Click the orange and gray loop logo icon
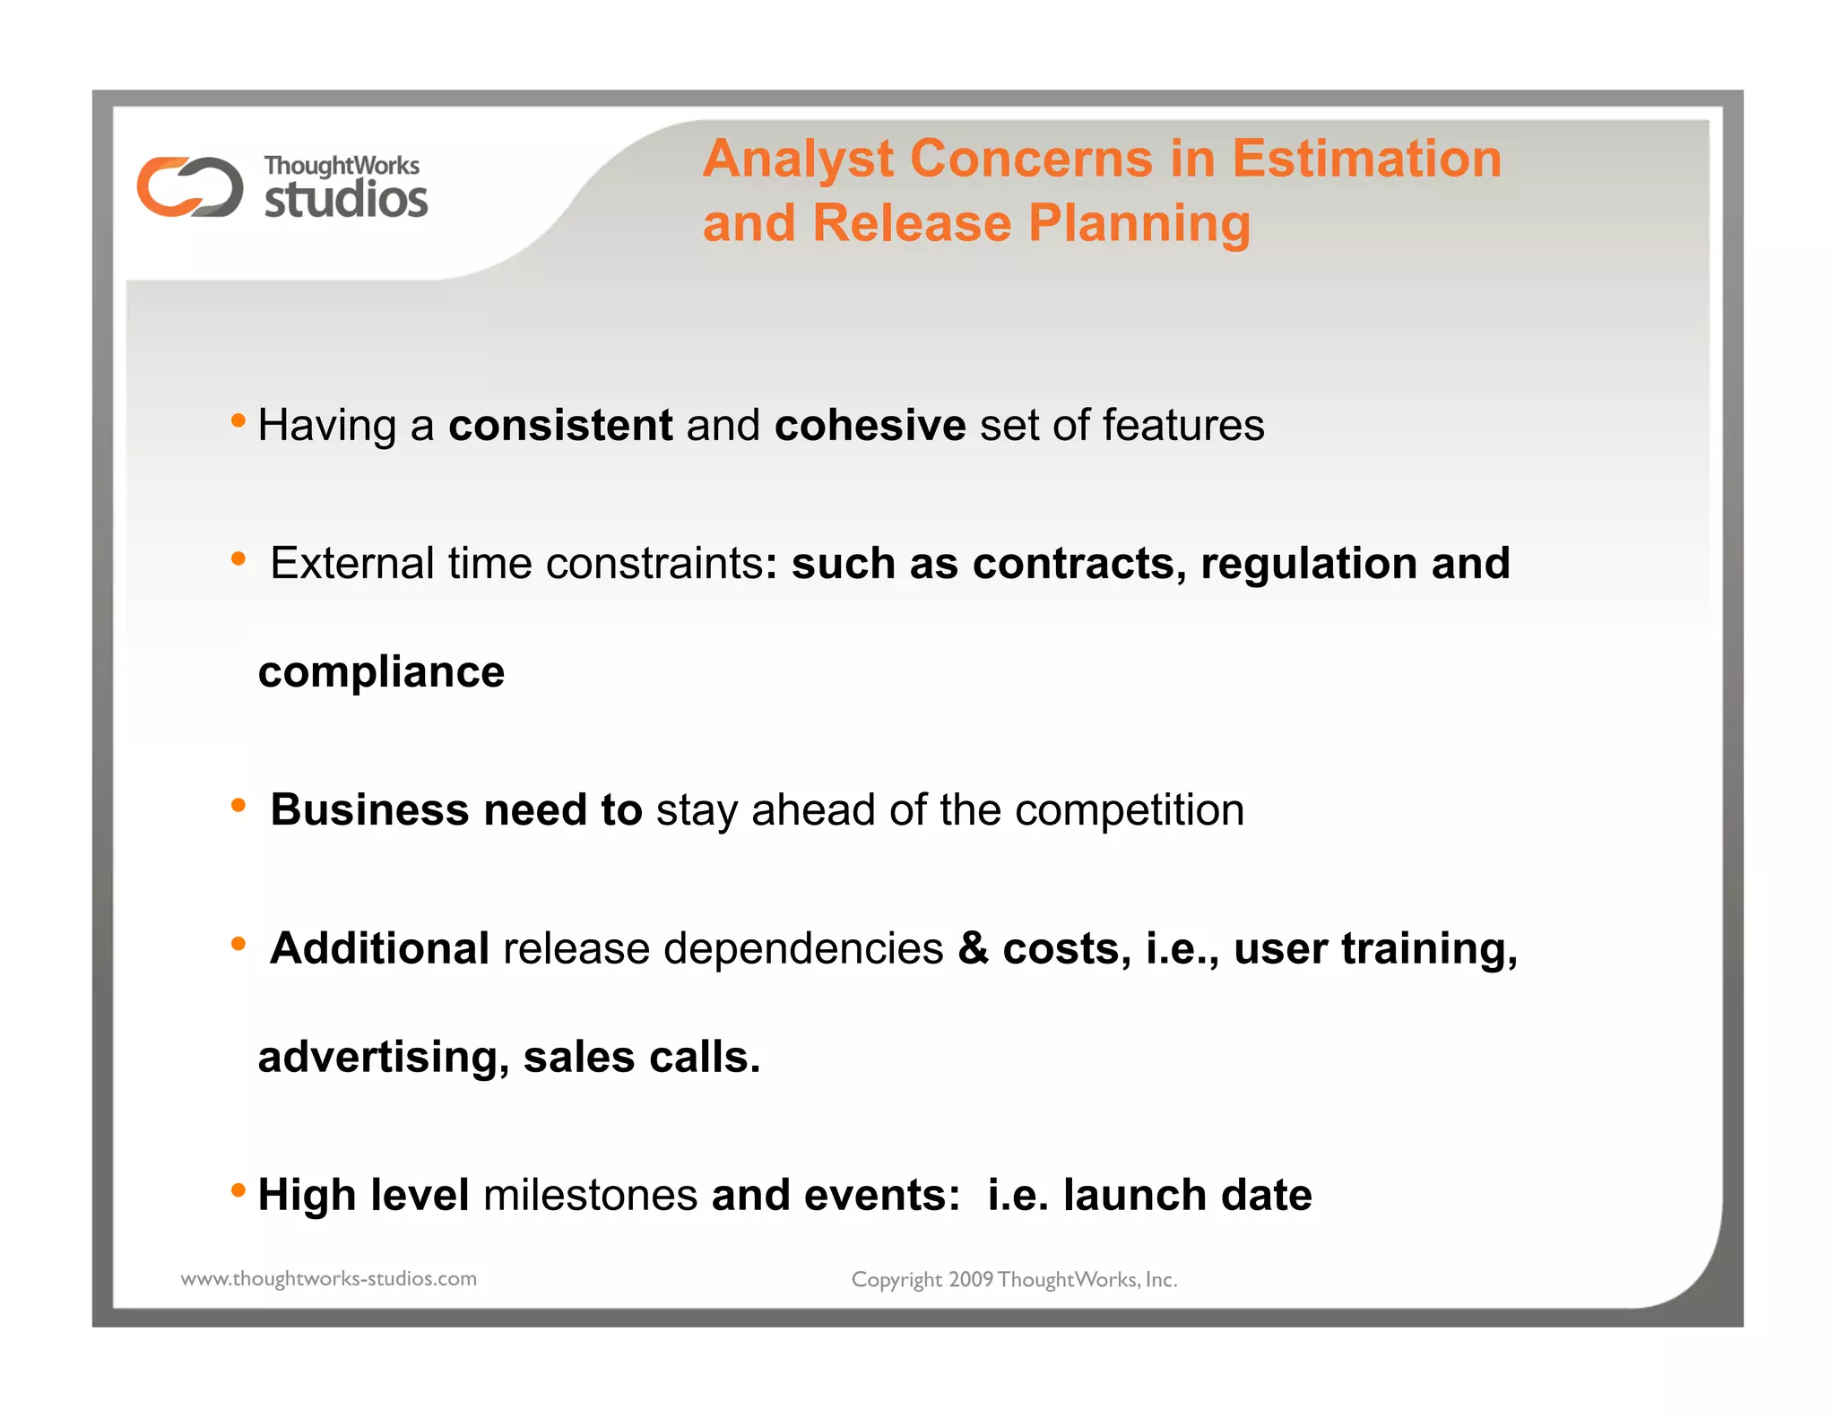[x=189, y=186]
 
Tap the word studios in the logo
[x=346, y=198]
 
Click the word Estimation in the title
[x=1366, y=159]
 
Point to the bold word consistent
[x=560, y=425]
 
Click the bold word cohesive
[x=870, y=425]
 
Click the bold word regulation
[x=1309, y=564]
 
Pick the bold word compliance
[x=382, y=672]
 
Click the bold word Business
[x=369, y=809]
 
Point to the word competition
[x=1130, y=810]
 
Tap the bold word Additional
[x=380, y=948]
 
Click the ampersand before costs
[x=973, y=948]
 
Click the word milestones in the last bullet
[x=590, y=1195]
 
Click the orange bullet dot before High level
[x=238, y=1190]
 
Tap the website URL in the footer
[x=329, y=1279]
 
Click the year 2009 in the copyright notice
[x=971, y=1280]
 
